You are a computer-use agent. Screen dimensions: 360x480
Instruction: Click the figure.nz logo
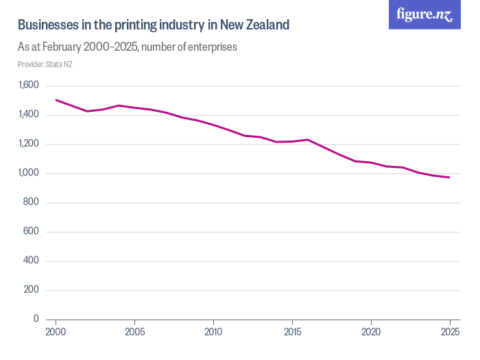pos(424,14)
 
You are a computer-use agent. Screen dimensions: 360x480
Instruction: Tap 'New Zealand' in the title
pos(254,25)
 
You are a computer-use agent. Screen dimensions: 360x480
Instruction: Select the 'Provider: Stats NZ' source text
pos(45,64)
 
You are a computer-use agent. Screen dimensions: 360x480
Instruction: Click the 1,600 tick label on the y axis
pos(28,86)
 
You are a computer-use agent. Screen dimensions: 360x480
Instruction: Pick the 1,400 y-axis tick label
pos(28,115)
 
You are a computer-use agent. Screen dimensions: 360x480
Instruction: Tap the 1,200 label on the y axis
pos(28,144)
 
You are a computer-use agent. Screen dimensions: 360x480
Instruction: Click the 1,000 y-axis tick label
pos(28,173)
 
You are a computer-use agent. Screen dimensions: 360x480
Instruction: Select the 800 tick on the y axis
pos(32,203)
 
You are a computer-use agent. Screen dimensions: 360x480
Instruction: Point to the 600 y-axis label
pos(32,232)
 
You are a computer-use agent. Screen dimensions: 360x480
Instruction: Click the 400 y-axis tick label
pos(32,261)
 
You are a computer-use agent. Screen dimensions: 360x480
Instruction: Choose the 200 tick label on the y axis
pos(32,290)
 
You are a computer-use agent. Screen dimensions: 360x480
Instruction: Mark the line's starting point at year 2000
pos(56,100)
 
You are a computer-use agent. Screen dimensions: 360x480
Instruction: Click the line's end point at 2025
pos(449,178)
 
